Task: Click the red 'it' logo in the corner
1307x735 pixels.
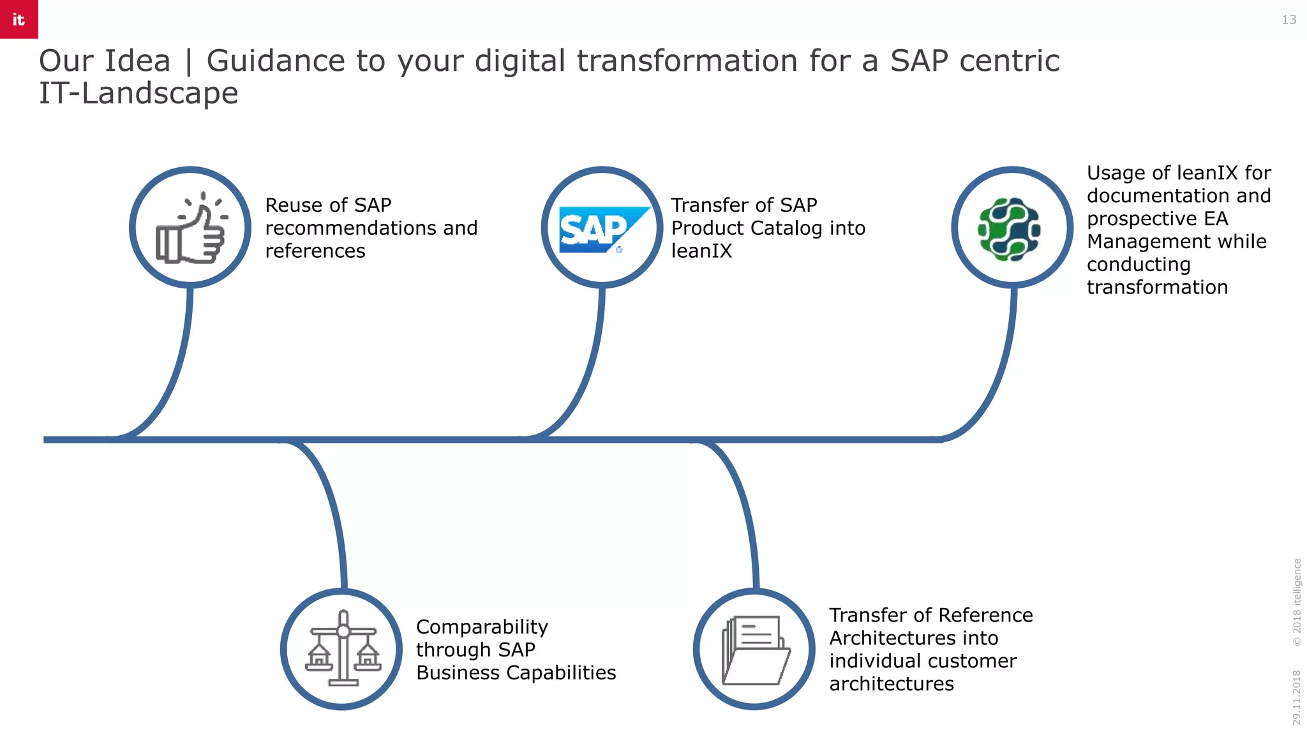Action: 19,19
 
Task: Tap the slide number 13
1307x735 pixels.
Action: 1288,20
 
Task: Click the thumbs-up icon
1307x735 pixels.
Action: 191,228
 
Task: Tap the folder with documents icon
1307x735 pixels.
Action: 756,650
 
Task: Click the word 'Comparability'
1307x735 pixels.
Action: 482,627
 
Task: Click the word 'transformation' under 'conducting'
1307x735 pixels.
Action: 1157,288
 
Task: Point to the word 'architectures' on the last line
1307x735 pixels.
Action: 891,684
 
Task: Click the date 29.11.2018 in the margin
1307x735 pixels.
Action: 1296,697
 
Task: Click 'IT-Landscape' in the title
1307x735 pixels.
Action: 138,93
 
